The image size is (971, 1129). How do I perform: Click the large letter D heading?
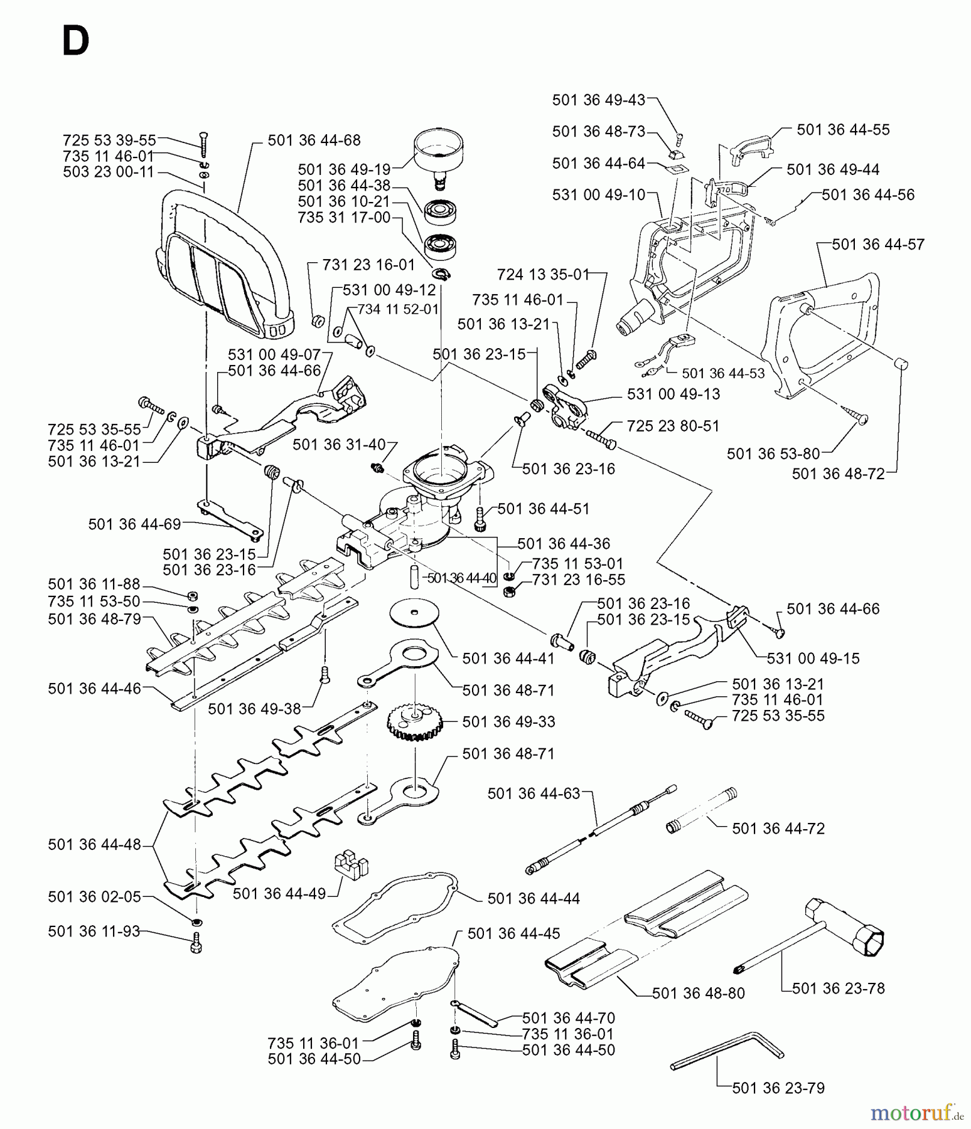pyautogui.click(x=75, y=43)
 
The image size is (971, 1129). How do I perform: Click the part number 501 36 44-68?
pyautogui.click(x=314, y=140)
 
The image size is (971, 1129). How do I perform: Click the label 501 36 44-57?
pyautogui.click(x=877, y=245)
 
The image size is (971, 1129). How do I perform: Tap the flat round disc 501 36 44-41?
pyautogui.click(x=414, y=613)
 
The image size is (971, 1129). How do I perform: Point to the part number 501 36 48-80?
pyautogui.click(x=698, y=994)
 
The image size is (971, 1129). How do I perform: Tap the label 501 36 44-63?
pyautogui.click(x=534, y=794)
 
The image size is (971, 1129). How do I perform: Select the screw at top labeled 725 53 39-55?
pyautogui.click(x=203, y=145)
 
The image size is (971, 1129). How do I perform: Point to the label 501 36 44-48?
pyautogui.click(x=94, y=845)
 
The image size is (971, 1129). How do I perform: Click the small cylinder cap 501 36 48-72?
pyautogui.click(x=900, y=363)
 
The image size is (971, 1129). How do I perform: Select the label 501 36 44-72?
pyautogui.click(x=778, y=829)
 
